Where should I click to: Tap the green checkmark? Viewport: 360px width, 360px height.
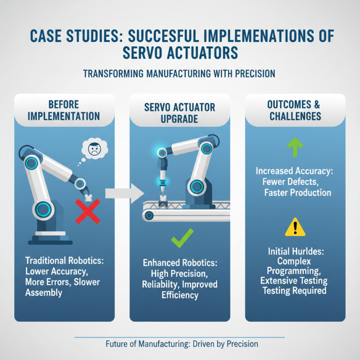click(182, 238)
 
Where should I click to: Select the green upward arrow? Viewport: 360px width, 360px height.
click(295, 148)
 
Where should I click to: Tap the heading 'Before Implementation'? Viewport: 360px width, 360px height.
click(63, 110)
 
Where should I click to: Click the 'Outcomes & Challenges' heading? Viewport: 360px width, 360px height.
click(295, 110)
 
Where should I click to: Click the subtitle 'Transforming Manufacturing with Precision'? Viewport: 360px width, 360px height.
click(179, 73)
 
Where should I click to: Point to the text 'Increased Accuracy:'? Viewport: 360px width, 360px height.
click(295, 171)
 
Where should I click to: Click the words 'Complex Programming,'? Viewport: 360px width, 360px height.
click(295, 266)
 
